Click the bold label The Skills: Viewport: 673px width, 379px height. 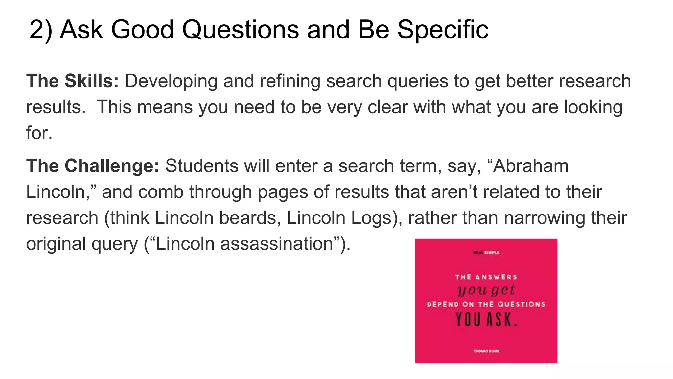tap(72, 81)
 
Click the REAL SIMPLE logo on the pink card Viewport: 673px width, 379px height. tap(486, 253)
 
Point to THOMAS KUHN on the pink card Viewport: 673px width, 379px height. tap(486, 351)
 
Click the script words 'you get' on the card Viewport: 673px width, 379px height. tap(486, 290)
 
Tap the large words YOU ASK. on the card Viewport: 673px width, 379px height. tap(486, 319)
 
